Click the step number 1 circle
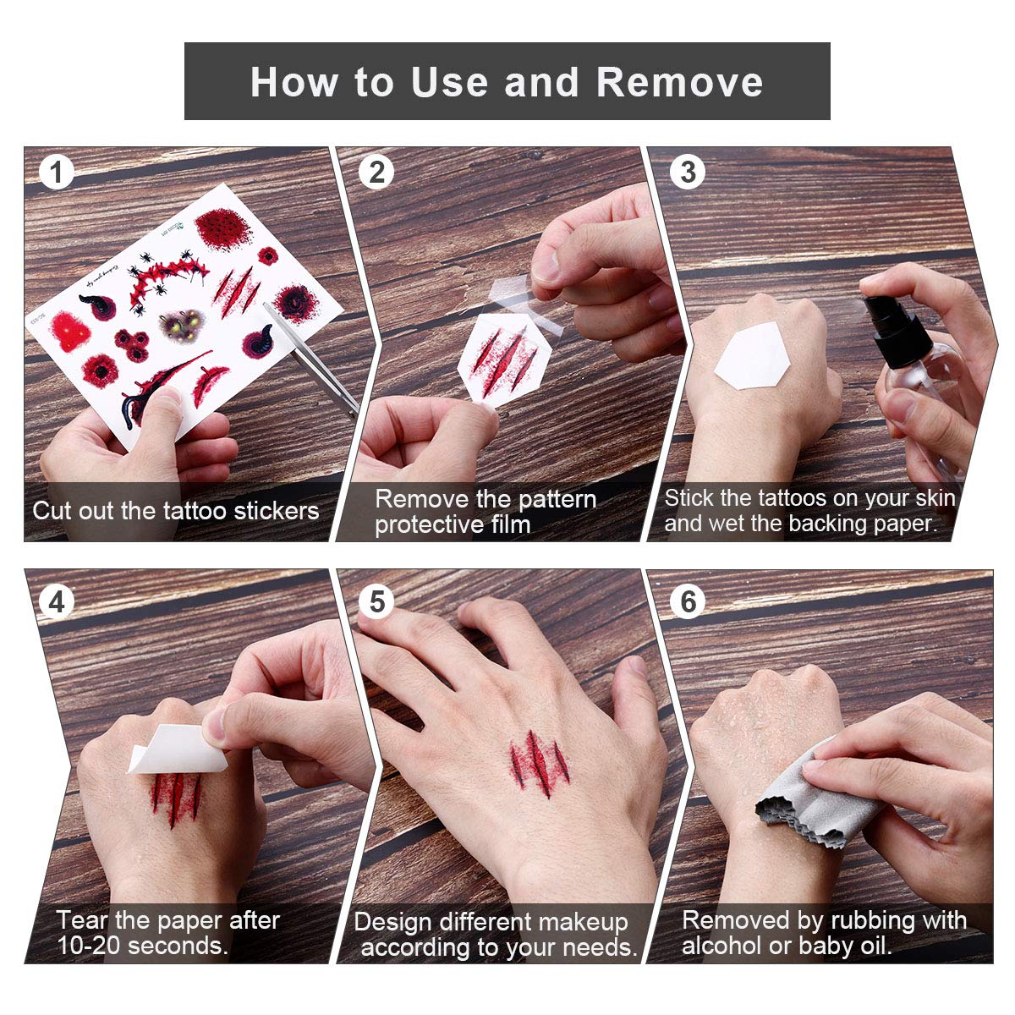[56, 173]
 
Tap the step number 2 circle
[376, 173]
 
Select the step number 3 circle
[688, 173]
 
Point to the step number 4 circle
[56, 601]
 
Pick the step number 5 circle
[376, 601]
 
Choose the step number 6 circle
[688, 601]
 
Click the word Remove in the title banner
[679, 82]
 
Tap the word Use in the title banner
[449, 82]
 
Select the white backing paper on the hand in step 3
[752, 355]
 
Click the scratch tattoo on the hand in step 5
[539, 763]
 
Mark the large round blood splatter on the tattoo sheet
[223, 229]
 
